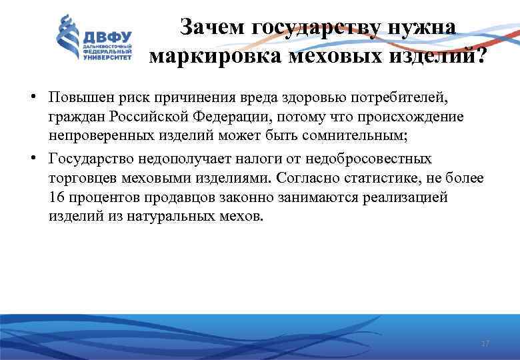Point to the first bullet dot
click(x=32, y=98)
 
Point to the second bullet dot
click(x=32, y=159)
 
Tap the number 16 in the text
click(x=56, y=198)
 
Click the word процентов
click(x=101, y=198)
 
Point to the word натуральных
click(x=158, y=217)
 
